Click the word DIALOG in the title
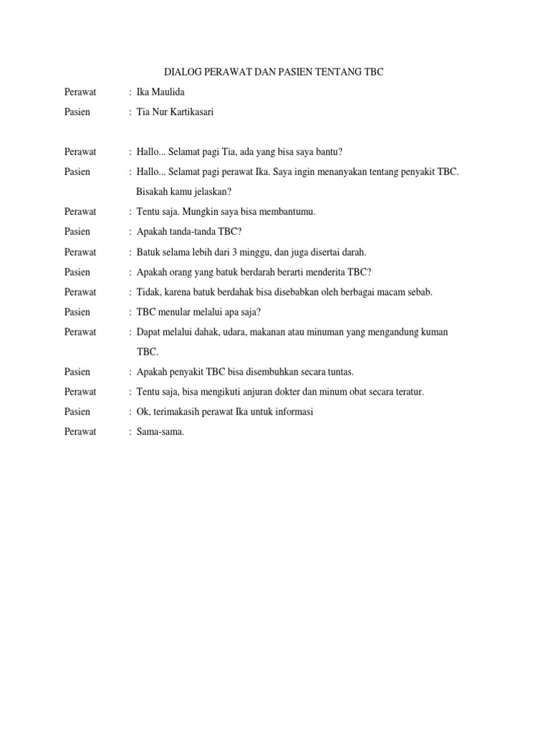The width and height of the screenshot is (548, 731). click(x=184, y=73)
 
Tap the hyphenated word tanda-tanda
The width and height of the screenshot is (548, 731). click(x=193, y=232)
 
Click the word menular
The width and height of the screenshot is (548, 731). click(x=176, y=312)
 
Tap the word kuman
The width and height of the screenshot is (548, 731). click(x=434, y=332)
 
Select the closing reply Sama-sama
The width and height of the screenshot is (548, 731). click(x=161, y=432)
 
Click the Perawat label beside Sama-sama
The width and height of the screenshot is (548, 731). click(x=81, y=432)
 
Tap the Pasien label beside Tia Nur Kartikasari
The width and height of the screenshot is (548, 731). click(x=77, y=112)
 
